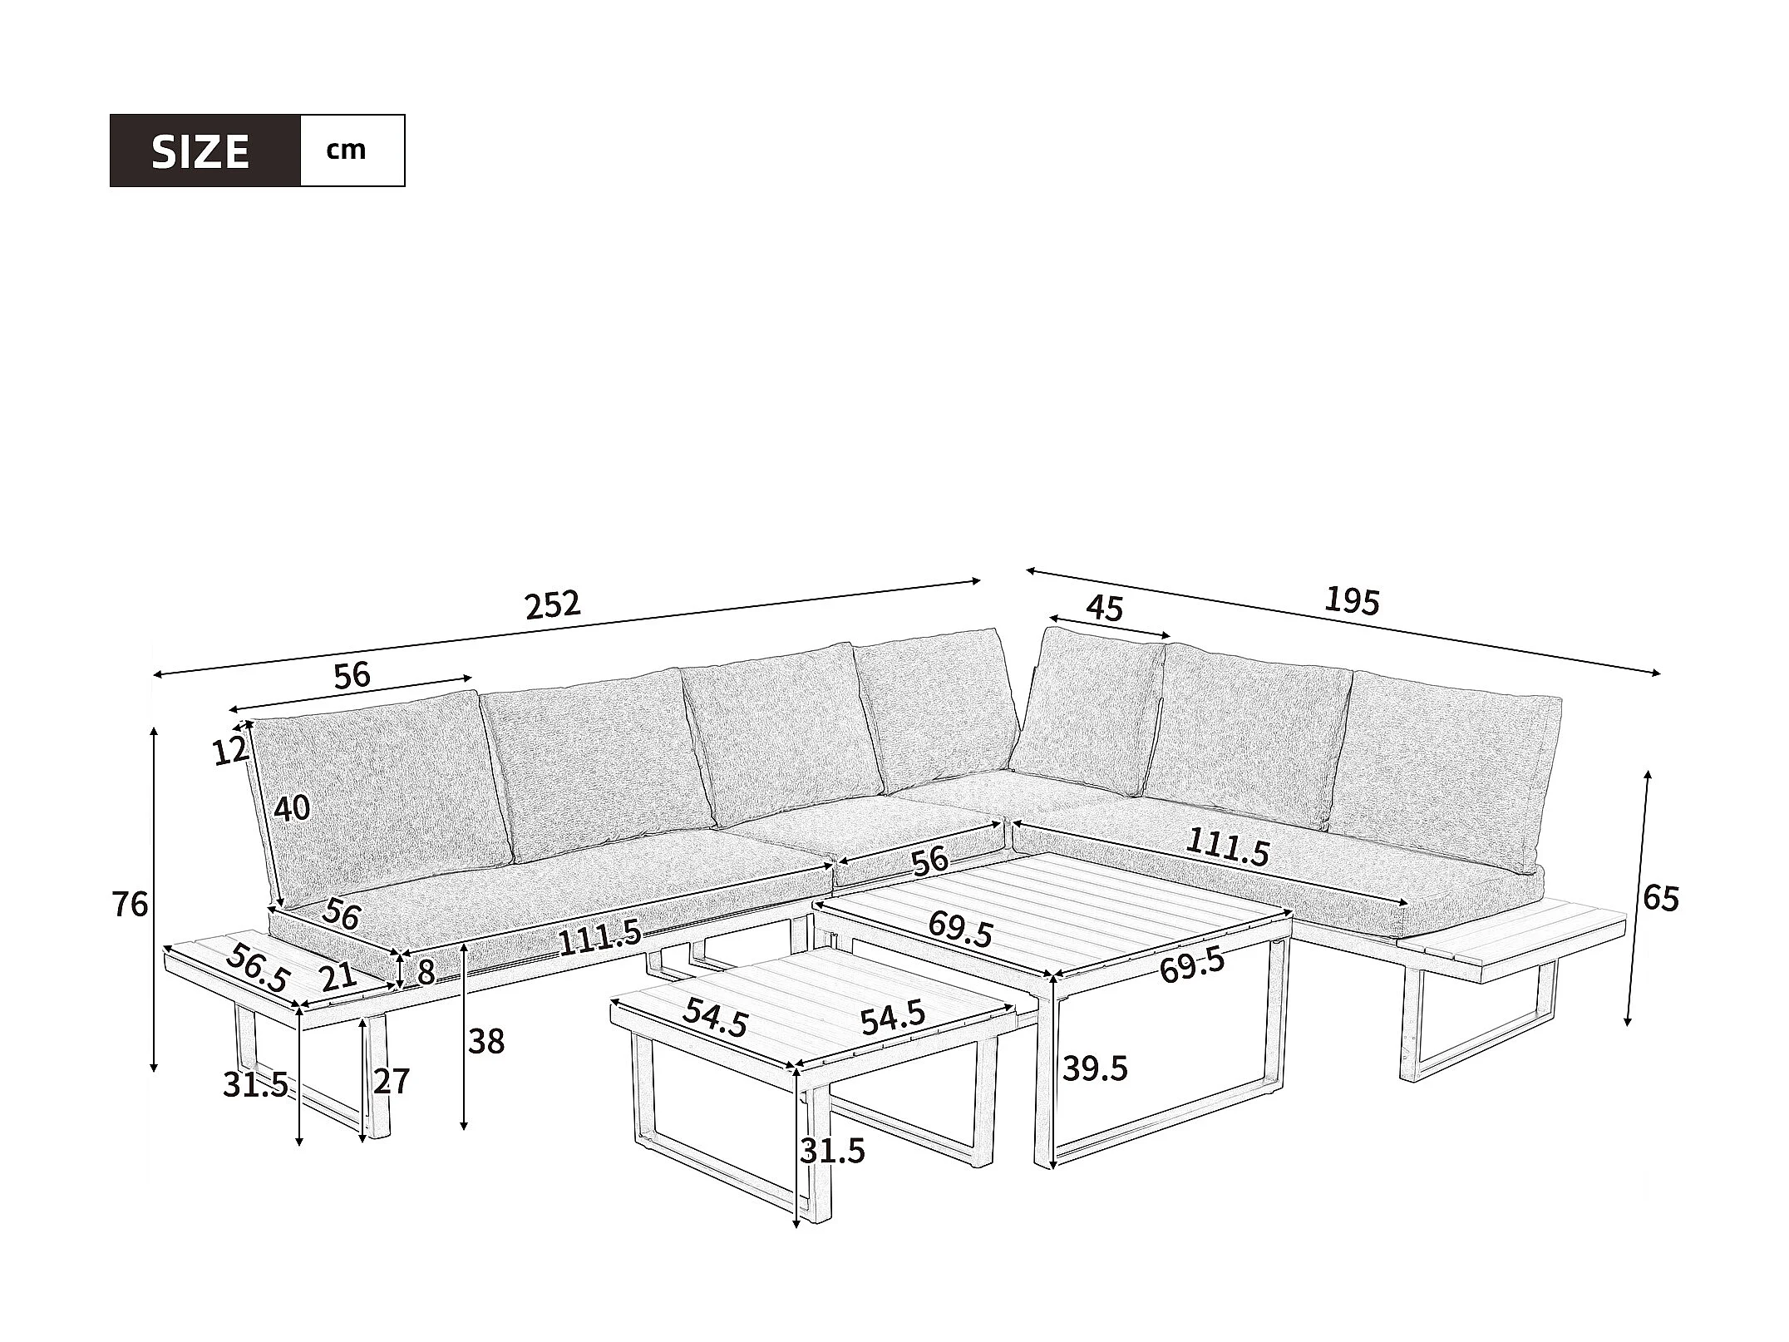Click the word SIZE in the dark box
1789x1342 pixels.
click(200, 151)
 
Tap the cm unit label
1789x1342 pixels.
click(347, 150)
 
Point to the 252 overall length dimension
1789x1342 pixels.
click(552, 605)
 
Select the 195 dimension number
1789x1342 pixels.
click(1352, 600)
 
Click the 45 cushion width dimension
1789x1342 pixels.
click(1105, 609)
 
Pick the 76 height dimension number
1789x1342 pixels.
click(130, 905)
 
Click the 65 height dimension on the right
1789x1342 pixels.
click(1661, 899)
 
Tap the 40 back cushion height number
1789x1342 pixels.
click(292, 808)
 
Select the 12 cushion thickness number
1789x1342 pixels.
click(230, 752)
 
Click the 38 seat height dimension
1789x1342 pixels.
click(486, 1041)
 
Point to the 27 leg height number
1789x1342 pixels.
click(392, 1081)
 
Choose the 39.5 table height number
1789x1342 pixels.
click(1096, 1069)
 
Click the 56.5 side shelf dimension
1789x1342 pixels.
click(258, 968)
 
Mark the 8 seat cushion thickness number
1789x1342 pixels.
click(426, 972)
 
